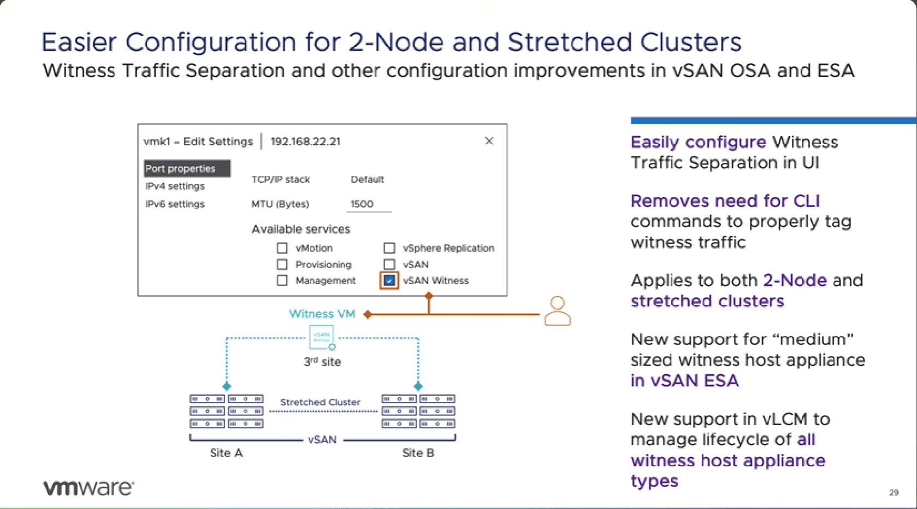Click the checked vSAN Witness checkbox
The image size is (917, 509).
pyautogui.click(x=389, y=281)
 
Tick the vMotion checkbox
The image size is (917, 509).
pyautogui.click(x=282, y=248)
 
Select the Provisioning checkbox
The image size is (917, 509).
pyautogui.click(x=282, y=264)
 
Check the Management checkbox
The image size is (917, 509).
pyautogui.click(x=282, y=281)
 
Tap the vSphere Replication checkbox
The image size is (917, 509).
pyautogui.click(x=389, y=248)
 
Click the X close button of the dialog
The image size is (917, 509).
pyautogui.click(x=489, y=141)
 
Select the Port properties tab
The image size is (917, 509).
pyautogui.click(x=187, y=168)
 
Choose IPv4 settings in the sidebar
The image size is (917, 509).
pyautogui.click(x=175, y=186)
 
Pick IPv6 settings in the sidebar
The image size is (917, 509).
pyautogui.click(x=175, y=204)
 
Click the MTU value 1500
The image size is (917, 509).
pyautogui.click(x=362, y=204)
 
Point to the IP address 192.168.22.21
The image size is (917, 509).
pyautogui.click(x=305, y=141)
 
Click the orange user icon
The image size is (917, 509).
pyautogui.click(x=557, y=311)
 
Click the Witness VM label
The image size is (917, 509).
pyautogui.click(x=322, y=313)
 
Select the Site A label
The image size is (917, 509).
pyautogui.click(x=227, y=453)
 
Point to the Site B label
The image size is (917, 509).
pyautogui.click(x=418, y=453)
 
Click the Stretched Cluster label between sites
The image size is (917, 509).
pyautogui.click(x=320, y=402)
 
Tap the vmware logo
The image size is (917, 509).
pyautogui.click(x=88, y=487)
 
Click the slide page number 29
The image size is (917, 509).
pyautogui.click(x=894, y=492)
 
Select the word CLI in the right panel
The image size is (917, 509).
pyautogui.click(x=807, y=200)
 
